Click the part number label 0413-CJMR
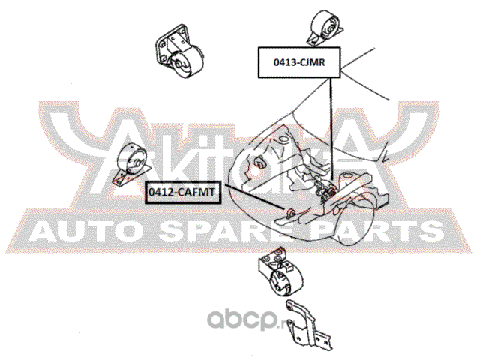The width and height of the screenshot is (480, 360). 299,62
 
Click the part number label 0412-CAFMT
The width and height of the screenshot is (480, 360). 183,193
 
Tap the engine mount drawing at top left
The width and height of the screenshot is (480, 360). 178,51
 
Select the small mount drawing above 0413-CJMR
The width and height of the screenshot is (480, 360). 324,28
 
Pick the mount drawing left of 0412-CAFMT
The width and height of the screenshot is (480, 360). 131,165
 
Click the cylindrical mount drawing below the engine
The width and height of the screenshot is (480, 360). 280,271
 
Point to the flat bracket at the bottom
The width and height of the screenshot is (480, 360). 307,325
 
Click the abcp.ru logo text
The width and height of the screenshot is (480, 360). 246,320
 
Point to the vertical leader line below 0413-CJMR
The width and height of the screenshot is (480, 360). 331,129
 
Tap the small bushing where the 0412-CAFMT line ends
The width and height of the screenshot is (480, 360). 291,212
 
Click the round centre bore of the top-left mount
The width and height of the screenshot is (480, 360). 178,64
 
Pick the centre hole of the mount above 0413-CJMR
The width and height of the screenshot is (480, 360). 330,30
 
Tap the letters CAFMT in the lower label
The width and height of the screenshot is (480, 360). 196,193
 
